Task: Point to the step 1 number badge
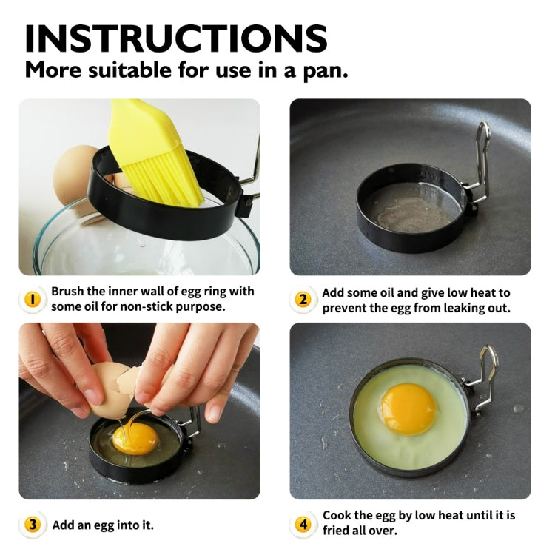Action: [x=33, y=299]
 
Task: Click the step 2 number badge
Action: [x=303, y=300]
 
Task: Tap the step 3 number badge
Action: [x=33, y=525]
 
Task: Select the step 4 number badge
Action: [x=303, y=525]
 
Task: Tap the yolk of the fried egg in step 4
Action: [x=408, y=408]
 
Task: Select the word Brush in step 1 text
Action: [x=69, y=292]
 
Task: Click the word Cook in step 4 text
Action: [x=338, y=516]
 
